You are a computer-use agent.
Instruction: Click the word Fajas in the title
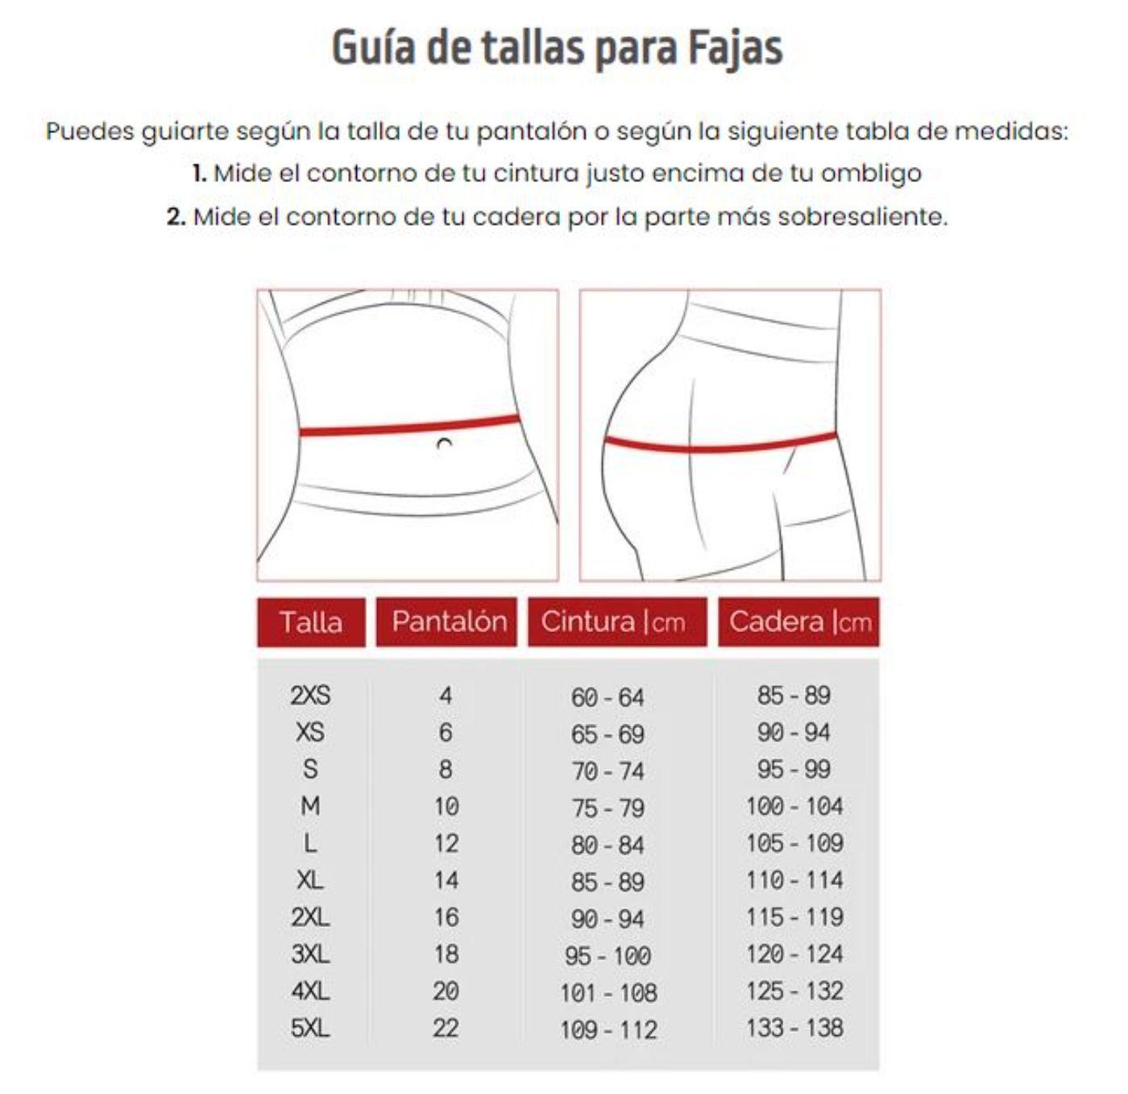coord(734,48)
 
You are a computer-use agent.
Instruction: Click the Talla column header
coord(311,622)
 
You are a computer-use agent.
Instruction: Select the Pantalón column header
coord(448,621)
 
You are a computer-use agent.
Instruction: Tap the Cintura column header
coord(613,622)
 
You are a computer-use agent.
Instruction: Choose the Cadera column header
coord(799,622)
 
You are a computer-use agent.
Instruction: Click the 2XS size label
coord(310,695)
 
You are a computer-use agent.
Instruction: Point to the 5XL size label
coord(310,1028)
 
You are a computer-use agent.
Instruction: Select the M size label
coord(310,806)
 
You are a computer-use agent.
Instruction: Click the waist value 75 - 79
coord(608,808)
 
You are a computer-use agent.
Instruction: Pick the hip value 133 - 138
coord(794,1028)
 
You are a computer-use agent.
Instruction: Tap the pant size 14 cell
coord(446,880)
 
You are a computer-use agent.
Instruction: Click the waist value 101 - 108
coord(608,992)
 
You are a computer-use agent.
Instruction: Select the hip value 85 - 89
coord(794,695)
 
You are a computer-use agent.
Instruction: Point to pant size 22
coord(446,1028)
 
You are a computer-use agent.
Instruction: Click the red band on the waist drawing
coord(409,426)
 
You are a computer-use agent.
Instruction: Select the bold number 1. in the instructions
coord(199,173)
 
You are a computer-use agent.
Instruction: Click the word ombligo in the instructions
coord(871,173)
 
